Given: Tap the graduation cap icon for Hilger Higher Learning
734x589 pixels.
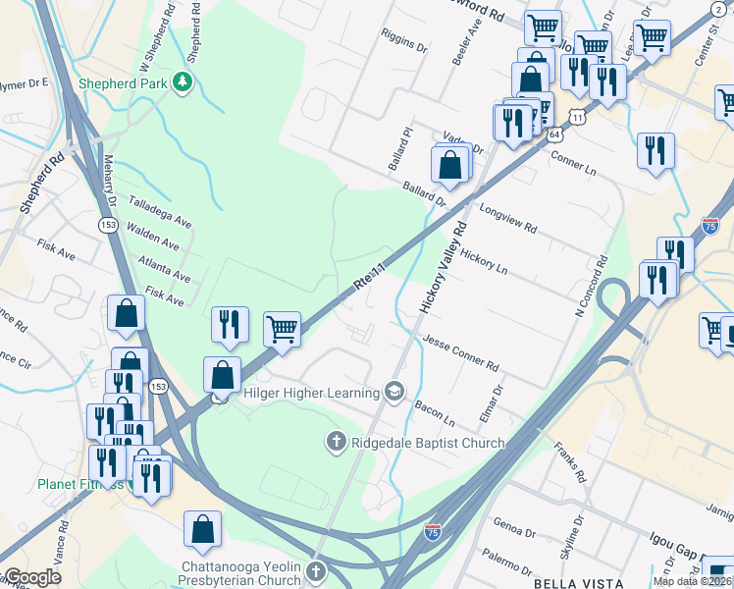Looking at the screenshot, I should pyautogui.click(x=394, y=393).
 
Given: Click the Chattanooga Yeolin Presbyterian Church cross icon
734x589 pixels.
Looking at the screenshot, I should pyautogui.click(x=316, y=570).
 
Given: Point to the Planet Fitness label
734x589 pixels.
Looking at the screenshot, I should pyautogui.click(x=80, y=484).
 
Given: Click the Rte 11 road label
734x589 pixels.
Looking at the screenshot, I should pyautogui.click(x=367, y=278).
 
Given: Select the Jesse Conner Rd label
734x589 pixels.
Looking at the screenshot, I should pyautogui.click(x=460, y=352).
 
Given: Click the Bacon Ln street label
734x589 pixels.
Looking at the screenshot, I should pyautogui.click(x=436, y=412).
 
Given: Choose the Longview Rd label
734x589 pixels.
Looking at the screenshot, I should pyautogui.click(x=507, y=218).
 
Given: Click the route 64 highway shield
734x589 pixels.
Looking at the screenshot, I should pyautogui.click(x=554, y=134).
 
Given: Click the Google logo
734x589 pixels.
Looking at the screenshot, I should pyautogui.click(x=32, y=577).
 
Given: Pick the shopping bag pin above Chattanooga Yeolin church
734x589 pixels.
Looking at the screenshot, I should pyautogui.click(x=202, y=529).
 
